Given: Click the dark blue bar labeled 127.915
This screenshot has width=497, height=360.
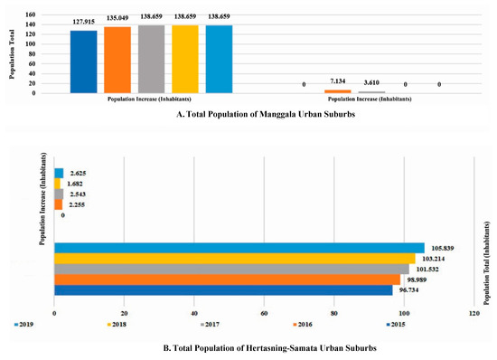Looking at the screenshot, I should click(83, 62).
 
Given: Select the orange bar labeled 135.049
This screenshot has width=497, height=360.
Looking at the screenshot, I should click(117, 60).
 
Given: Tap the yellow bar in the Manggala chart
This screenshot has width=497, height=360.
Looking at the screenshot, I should click(184, 59).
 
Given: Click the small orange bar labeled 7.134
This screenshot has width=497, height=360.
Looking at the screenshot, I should click(338, 91).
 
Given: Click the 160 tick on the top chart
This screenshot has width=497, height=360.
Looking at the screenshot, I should click(31, 15).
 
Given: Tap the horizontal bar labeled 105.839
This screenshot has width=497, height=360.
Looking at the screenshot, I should click(239, 248).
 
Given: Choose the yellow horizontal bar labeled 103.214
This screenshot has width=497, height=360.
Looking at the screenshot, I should click(234, 259).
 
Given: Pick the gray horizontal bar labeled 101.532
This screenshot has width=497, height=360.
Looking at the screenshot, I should click(231, 269).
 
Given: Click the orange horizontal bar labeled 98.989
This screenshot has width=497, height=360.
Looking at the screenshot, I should click(227, 279).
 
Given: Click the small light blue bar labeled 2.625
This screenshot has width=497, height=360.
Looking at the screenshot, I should click(59, 173).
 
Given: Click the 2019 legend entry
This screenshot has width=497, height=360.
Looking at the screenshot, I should click(25, 323).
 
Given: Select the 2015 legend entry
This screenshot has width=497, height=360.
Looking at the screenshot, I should click(395, 323).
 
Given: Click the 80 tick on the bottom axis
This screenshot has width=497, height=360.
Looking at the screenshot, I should click(334, 313).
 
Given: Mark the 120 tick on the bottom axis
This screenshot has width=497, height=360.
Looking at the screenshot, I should click(474, 313).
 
